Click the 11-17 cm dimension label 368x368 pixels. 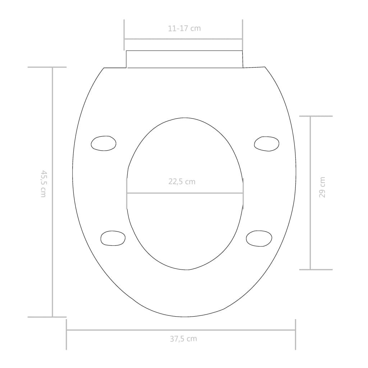point(184,28)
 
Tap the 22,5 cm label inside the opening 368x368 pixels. point(182,181)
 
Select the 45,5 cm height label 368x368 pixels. point(43,184)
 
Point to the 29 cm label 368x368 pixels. point(322,187)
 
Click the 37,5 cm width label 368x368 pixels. point(183,339)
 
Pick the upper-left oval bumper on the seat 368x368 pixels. point(103,143)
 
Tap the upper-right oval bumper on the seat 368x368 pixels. point(266,144)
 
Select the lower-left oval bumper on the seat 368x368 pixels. point(113,238)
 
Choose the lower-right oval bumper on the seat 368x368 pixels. point(259,238)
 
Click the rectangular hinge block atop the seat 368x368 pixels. point(184,59)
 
